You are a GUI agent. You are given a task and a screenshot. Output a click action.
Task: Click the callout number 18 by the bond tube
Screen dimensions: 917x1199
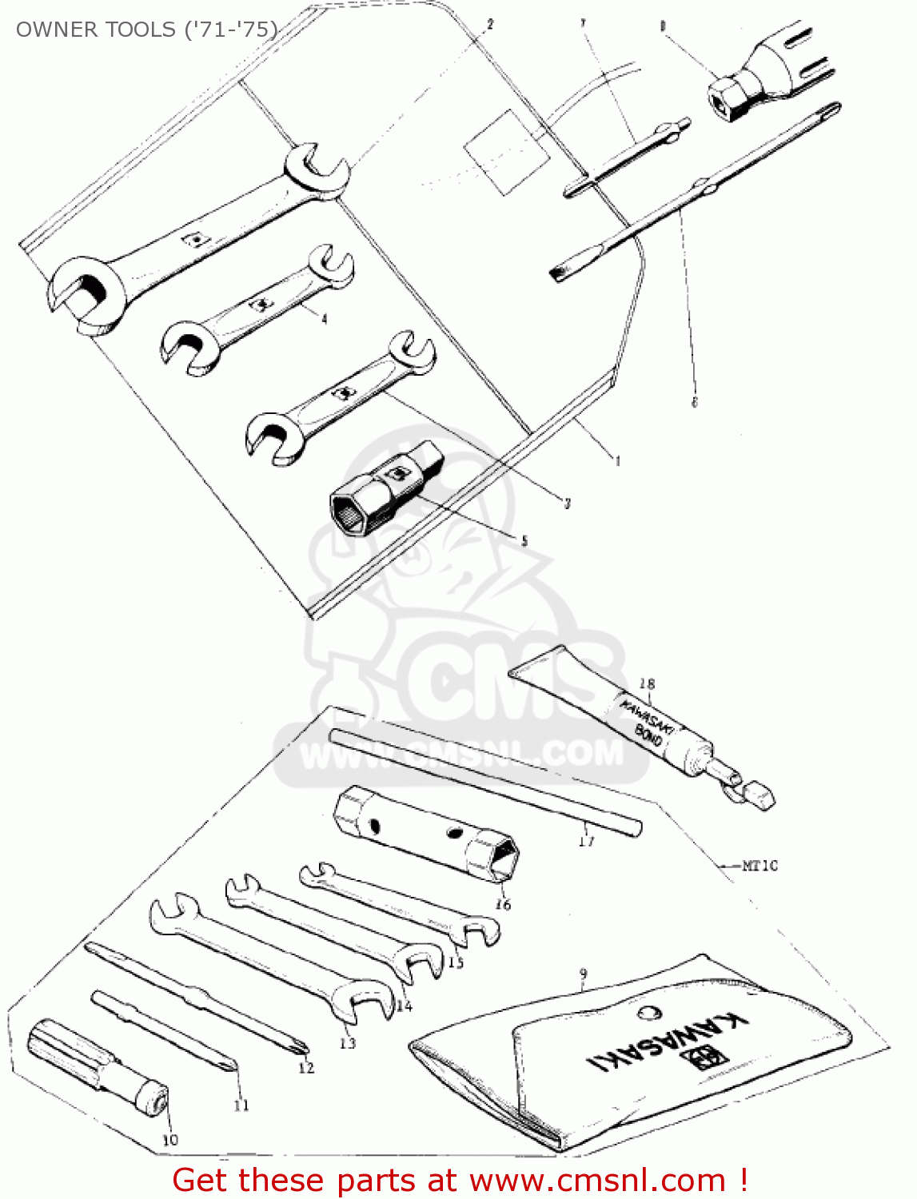coord(647,683)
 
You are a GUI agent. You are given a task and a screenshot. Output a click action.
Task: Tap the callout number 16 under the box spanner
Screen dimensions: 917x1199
coord(503,904)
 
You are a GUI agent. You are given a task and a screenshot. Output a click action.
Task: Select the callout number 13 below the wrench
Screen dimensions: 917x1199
coord(347,1042)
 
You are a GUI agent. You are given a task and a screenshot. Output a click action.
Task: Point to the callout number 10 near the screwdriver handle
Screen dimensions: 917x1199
coord(169,1139)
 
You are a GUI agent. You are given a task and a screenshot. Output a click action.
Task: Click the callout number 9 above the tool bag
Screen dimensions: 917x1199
coord(584,974)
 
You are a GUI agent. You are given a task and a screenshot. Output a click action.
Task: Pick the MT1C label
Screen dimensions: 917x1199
coord(759,865)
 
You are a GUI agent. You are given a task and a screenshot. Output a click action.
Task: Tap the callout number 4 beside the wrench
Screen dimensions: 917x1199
coord(324,319)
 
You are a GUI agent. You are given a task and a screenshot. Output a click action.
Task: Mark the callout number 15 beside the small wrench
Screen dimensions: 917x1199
coord(456,962)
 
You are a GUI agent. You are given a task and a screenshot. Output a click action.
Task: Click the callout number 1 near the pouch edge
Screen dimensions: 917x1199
coord(617,460)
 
